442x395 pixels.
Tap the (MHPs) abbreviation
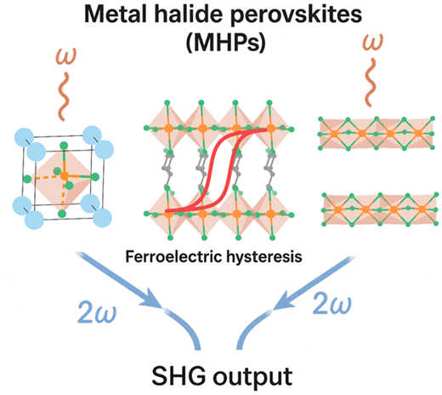click(x=226, y=43)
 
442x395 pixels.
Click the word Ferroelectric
click(x=173, y=256)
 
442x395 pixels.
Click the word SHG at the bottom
click(x=178, y=375)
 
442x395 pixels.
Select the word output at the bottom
click(x=253, y=378)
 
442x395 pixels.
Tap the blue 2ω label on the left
click(x=97, y=312)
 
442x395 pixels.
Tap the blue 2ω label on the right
click(x=332, y=304)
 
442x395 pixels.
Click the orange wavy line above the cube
click(x=65, y=96)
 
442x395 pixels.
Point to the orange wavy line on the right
click(x=371, y=83)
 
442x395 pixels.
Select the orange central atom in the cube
click(x=65, y=175)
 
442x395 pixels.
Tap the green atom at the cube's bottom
click(x=62, y=214)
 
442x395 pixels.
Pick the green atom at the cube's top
click(x=65, y=146)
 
